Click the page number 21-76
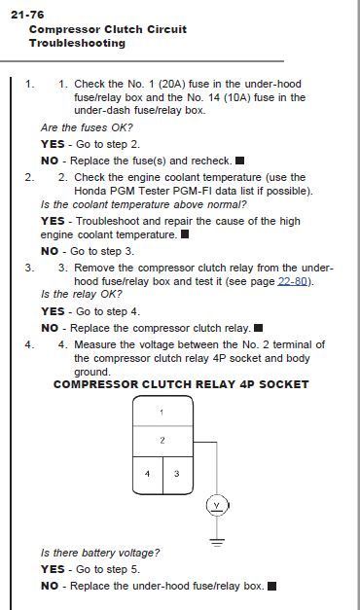click(x=27, y=15)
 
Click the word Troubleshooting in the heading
click(x=77, y=43)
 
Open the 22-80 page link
click(x=292, y=281)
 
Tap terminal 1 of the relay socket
click(x=162, y=412)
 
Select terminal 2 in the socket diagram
click(x=162, y=440)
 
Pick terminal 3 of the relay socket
click(x=177, y=474)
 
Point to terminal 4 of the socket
click(x=147, y=474)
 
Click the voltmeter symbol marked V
click(x=217, y=505)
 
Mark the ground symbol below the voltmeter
click(x=217, y=542)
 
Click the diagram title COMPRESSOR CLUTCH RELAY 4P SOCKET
click(x=181, y=384)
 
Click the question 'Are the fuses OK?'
click(x=87, y=127)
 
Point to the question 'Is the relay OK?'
click(x=82, y=294)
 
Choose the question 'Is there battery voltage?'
click(x=100, y=553)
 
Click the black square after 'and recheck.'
click(x=240, y=161)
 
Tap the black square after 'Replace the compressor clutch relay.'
click(x=258, y=328)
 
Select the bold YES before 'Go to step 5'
click(x=53, y=569)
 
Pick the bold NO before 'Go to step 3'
click(x=50, y=251)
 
